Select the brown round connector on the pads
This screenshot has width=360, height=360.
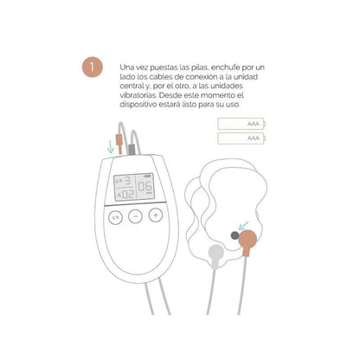click(247, 235)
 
